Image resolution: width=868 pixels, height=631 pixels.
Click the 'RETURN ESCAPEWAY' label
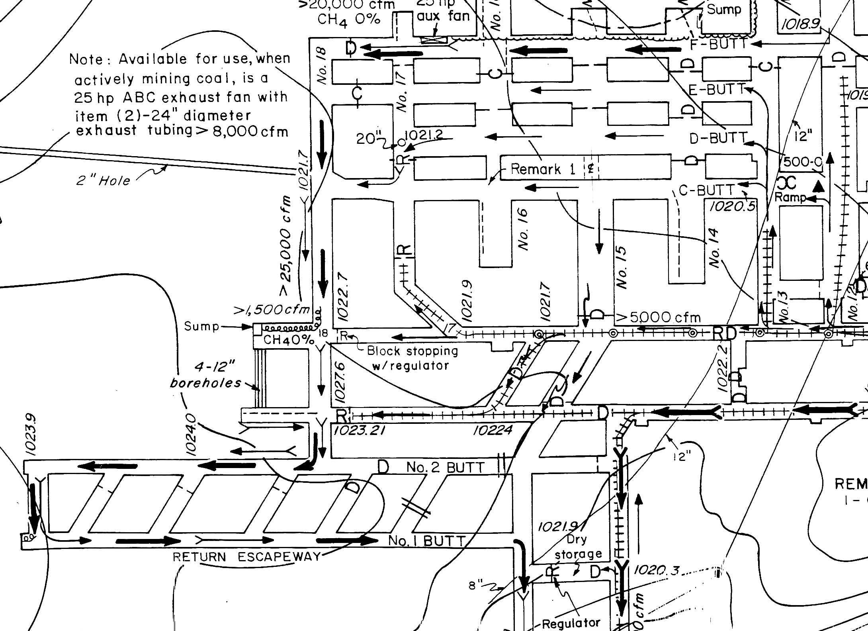click(246, 557)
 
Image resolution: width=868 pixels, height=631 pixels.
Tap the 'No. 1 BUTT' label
click(426, 541)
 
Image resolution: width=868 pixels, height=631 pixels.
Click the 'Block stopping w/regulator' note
click(412, 358)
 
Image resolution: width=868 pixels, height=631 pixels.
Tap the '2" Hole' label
click(103, 181)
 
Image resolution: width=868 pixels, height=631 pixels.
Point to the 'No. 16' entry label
click(524, 229)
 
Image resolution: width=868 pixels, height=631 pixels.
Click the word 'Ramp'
click(790, 197)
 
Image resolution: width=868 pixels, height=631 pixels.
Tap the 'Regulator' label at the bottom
click(571, 623)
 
